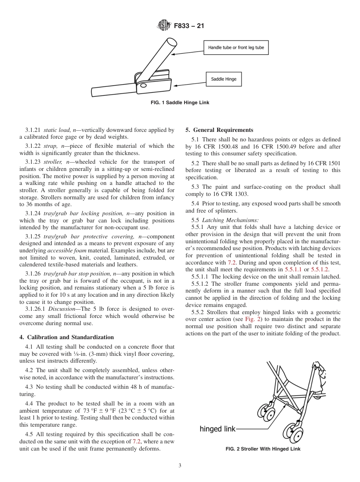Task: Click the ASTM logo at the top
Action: [164, 26]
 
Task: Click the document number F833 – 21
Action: [189, 26]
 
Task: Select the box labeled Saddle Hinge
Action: [224, 79]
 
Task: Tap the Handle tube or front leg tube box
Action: [236, 48]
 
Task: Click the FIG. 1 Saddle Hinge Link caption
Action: [180, 103]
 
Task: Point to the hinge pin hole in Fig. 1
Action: [143, 86]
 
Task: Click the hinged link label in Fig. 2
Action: [218, 429]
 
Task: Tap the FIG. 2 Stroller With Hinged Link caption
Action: [263, 449]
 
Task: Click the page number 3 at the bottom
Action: [180, 466]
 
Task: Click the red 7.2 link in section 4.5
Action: [136, 441]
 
